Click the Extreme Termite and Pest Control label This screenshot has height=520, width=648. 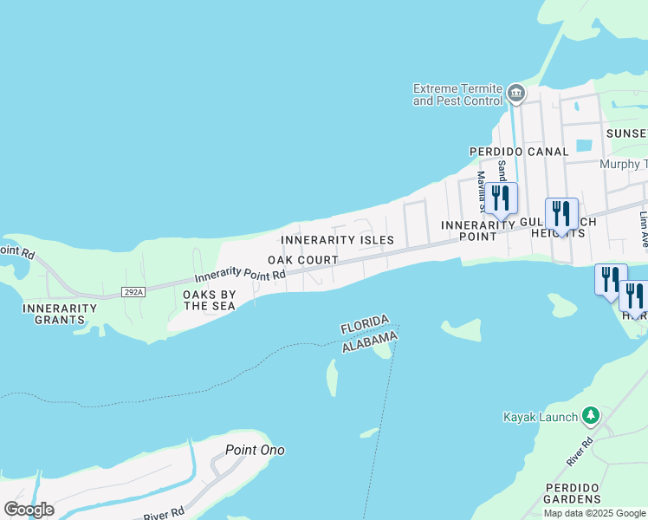pyautogui.click(x=457, y=94)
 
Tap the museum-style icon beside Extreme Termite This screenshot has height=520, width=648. pyautogui.click(x=516, y=93)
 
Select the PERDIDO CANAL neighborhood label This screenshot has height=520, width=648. pyautogui.click(x=519, y=151)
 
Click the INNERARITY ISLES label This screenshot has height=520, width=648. pyautogui.click(x=337, y=240)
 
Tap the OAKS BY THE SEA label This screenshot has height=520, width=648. pyautogui.click(x=209, y=300)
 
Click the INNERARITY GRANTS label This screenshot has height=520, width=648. pyautogui.click(x=60, y=314)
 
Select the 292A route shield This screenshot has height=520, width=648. pyautogui.click(x=133, y=292)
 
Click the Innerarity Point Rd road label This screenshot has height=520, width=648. pyautogui.click(x=240, y=276)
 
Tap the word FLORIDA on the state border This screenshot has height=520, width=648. pyautogui.click(x=365, y=326)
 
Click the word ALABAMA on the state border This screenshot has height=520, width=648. pyautogui.click(x=370, y=341)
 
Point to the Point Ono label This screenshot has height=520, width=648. pyautogui.click(x=255, y=450)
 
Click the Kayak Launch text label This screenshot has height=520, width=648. pyautogui.click(x=541, y=417)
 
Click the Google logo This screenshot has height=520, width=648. pyautogui.click(x=29, y=510)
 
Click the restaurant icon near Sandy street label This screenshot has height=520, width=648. pyautogui.click(x=501, y=198)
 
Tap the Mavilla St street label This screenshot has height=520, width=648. pyautogui.click(x=481, y=191)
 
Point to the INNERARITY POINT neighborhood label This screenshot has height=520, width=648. pyautogui.click(x=478, y=231)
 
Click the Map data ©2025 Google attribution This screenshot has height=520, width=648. pyautogui.click(x=595, y=513)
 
